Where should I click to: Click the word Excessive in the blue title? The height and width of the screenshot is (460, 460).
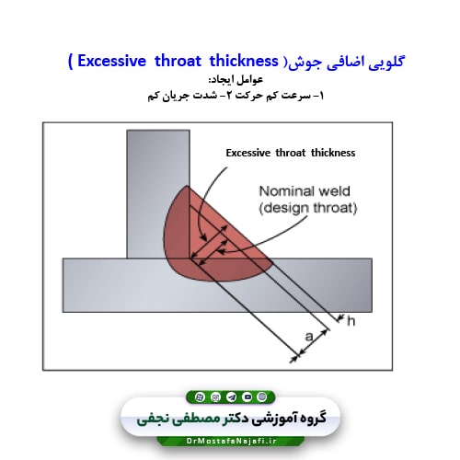click(x=111, y=61)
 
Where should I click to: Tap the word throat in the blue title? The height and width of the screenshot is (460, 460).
click(x=178, y=61)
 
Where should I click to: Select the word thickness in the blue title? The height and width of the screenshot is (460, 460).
click(x=244, y=61)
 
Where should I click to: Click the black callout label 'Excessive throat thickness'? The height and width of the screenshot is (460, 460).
click(x=291, y=153)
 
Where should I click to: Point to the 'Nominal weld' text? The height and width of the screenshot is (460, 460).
click(x=305, y=191)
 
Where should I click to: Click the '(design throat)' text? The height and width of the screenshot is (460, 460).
click(x=308, y=208)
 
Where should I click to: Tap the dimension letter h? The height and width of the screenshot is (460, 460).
click(x=351, y=321)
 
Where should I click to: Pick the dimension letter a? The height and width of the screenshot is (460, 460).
click(x=309, y=337)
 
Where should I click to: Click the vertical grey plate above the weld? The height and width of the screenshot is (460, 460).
click(x=158, y=194)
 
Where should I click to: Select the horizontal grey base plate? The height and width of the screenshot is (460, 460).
click(x=217, y=285)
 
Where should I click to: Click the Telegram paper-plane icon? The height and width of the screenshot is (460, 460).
click(x=231, y=397)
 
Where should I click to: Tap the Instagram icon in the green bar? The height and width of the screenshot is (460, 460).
click(x=215, y=397)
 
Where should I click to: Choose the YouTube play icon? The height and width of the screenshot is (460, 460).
click(x=247, y=397)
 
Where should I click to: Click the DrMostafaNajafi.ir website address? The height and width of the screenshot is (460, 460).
click(x=232, y=441)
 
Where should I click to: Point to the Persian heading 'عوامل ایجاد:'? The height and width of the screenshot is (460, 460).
click(x=236, y=80)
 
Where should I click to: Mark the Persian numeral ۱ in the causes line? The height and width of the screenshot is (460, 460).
click(x=321, y=96)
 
